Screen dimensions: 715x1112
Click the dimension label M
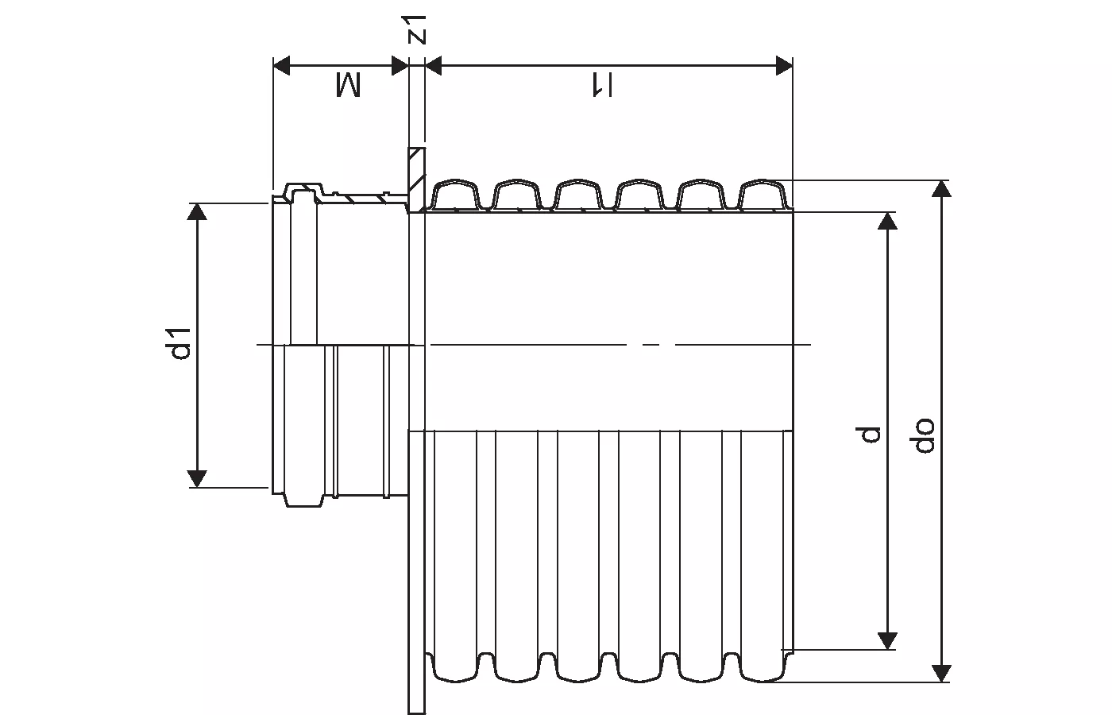(x=347, y=85)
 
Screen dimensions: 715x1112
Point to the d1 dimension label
(x=182, y=342)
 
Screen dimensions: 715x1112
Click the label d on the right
(x=871, y=434)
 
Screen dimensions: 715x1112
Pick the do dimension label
(x=924, y=434)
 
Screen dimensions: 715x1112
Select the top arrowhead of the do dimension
(x=941, y=189)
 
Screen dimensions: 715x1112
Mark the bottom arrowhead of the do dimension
(x=941, y=673)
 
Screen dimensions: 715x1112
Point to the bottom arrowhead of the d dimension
(x=888, y=641)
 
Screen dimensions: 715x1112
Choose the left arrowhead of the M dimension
(x=282, y=65)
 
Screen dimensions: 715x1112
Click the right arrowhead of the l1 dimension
(x=784, y=65)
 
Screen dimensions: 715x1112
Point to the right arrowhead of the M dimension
(x=400, y=65)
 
